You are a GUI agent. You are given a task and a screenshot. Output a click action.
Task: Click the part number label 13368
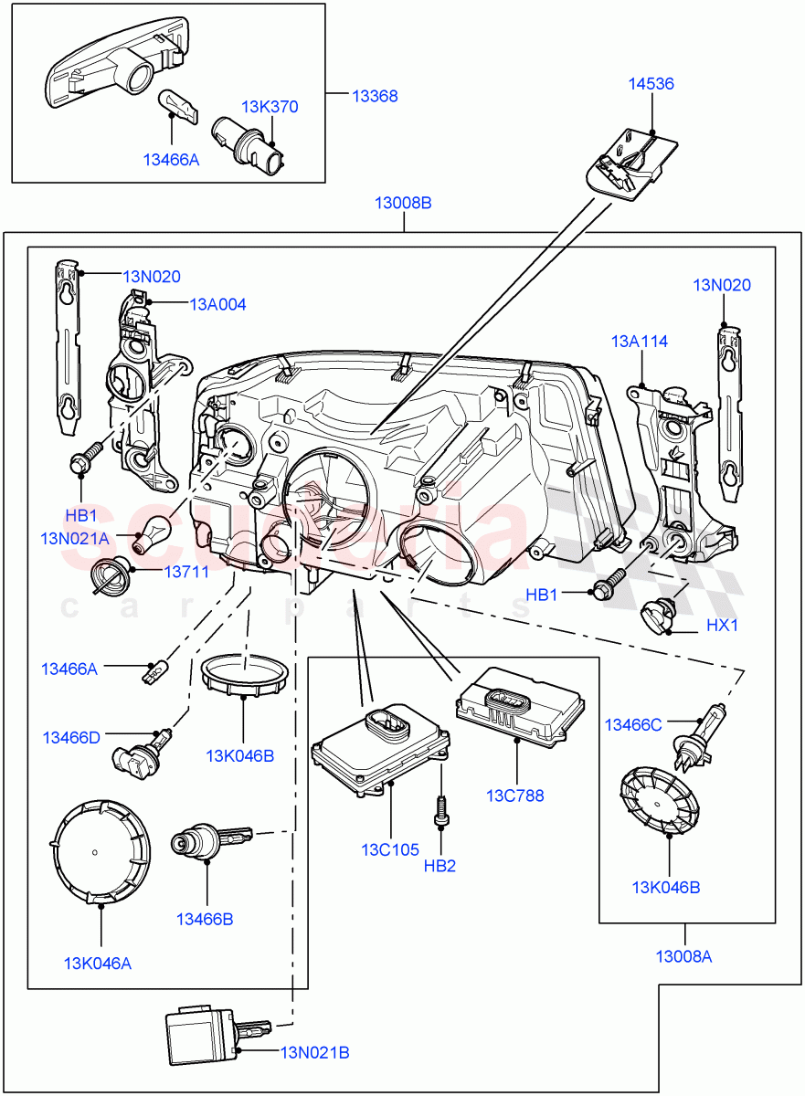[375, 96]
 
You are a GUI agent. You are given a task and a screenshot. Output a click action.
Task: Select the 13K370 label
[270, 107]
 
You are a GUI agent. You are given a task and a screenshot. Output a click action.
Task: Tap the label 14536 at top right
[651, 84]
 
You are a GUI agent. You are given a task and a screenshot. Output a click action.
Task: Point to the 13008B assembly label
[403, 203]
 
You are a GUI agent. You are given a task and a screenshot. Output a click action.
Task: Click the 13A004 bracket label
[217, 304]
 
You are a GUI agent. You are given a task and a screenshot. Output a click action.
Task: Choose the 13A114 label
[640, 342]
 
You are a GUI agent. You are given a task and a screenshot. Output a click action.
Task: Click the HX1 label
[722, 627]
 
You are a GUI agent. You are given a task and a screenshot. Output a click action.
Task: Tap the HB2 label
[440, 865]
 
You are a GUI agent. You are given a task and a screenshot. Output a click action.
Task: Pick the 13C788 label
[515, 796]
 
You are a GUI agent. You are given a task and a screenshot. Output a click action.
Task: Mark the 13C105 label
[389, 849]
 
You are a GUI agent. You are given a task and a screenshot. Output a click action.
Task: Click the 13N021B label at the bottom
[315, 1052]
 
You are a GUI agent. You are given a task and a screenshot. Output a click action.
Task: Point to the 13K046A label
[99, 962]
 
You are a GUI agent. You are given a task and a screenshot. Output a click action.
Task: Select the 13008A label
[683, 956]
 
